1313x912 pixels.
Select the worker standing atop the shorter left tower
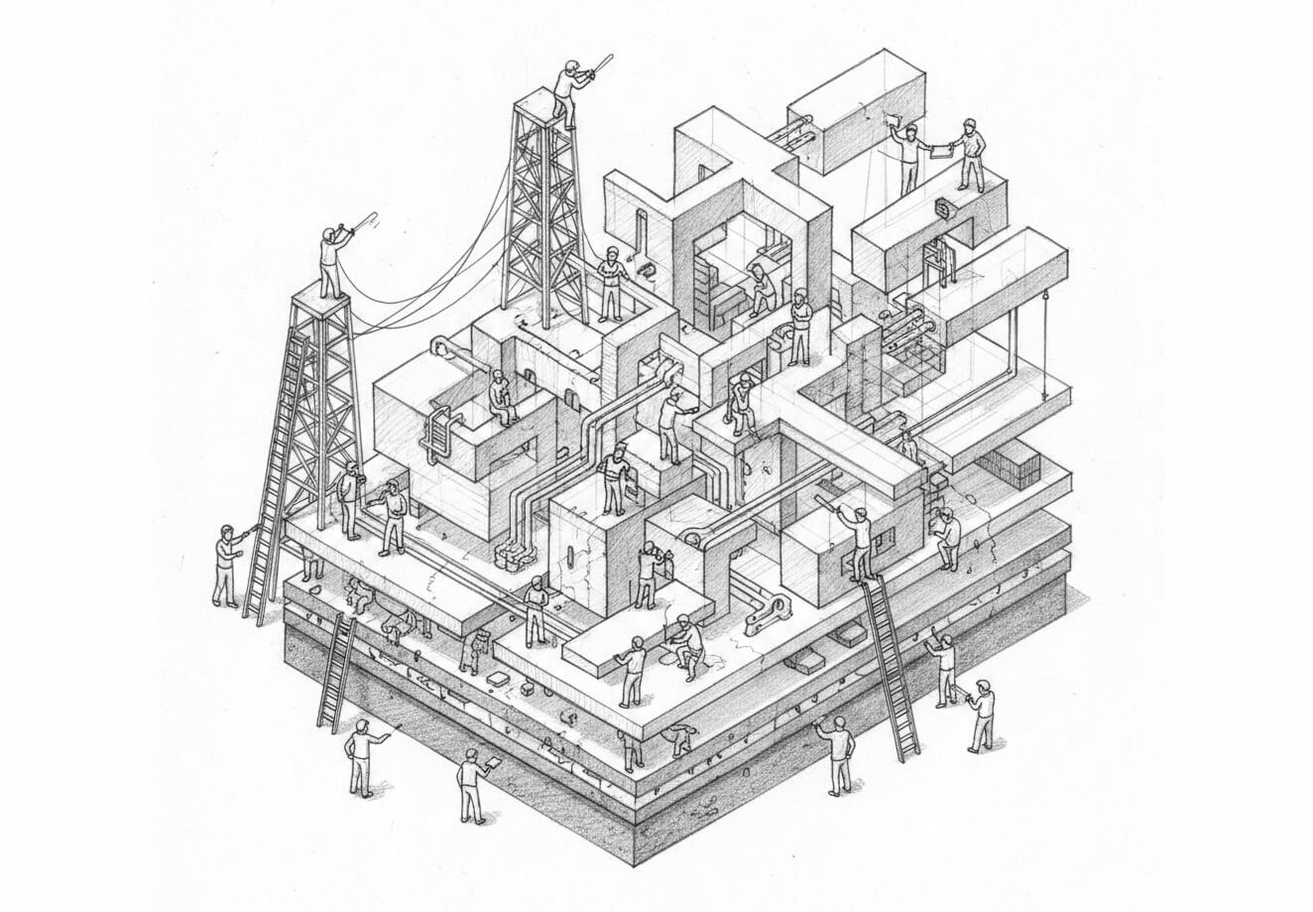332,260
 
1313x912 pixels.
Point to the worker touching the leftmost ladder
227,567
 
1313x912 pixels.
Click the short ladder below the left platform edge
337,672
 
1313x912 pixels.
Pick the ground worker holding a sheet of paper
473,784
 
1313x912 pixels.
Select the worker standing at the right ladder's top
859,542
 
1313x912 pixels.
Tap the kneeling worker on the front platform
685,646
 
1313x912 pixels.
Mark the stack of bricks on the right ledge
1013,463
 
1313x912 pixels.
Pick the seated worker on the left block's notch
501,398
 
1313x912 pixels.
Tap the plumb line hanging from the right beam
1043,325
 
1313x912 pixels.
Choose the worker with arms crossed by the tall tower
610,283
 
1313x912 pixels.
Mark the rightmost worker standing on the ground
982,716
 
